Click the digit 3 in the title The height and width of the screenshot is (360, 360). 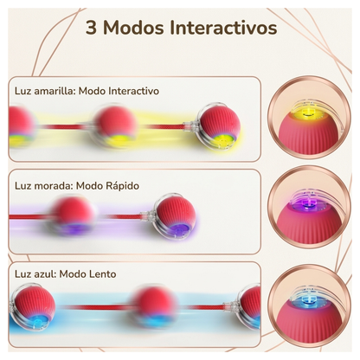[91, 28]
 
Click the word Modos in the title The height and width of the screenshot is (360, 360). [134, 28]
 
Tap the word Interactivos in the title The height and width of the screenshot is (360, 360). [224, 28]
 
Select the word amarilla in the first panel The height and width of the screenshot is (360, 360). [55, 91]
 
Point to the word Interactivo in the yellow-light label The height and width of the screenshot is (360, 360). [134, 91]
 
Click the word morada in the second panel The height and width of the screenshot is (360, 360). [53, 186]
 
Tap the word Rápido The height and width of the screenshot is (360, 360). [122, 186]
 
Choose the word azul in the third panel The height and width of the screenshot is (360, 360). [45, 273]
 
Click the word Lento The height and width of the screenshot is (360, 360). [101, 273]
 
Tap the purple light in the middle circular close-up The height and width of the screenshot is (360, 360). [307, 202]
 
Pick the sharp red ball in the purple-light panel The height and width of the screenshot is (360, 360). [176, 216]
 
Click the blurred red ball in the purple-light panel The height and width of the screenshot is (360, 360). [74, 215]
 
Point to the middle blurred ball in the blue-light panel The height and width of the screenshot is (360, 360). [155, 306]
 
